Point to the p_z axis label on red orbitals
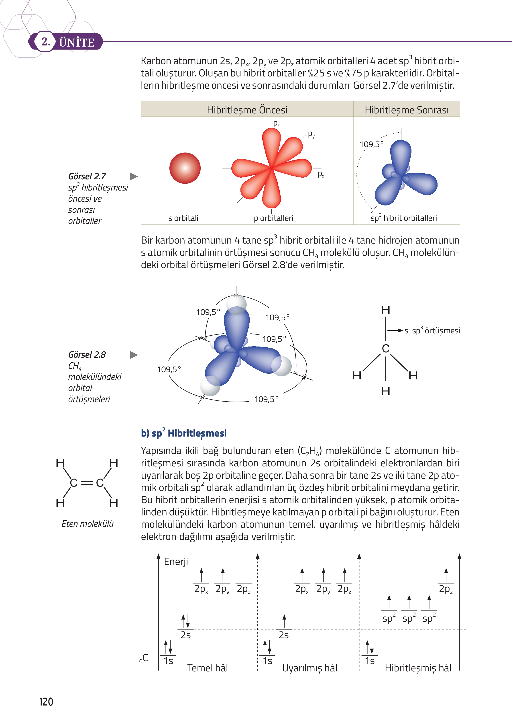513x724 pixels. coord(276,124)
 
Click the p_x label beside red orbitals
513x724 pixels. coord(321,174)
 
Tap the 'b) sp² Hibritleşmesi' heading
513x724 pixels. coord(184,433)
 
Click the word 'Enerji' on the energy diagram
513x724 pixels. coord(176,562)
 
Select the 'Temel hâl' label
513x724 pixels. coord(208,668)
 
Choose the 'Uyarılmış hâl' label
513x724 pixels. coord(309,668)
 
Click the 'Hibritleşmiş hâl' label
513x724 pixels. coord(418,668)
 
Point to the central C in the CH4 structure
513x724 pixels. coord(386,348)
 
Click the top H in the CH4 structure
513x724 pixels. coord(386,310)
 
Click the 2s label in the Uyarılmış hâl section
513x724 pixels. coord(284,635)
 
